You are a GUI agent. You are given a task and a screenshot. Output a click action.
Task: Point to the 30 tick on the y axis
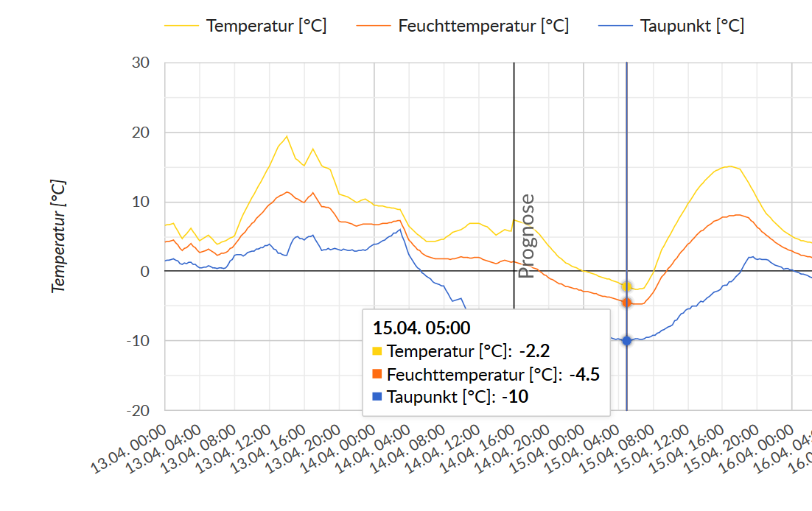[x=141, y=63]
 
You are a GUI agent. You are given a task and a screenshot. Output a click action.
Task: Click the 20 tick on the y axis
[x=141, y=133]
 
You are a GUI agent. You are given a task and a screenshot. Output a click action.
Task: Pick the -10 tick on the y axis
[x=139, y=341]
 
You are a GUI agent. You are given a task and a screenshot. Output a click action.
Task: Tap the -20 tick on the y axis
[x=139, y=410]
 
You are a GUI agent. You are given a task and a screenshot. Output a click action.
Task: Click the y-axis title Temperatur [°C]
[x=59, y=236]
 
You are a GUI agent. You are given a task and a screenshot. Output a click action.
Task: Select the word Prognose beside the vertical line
[x=526, y=236]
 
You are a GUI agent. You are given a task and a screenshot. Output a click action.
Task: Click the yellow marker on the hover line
[x=627, y=286]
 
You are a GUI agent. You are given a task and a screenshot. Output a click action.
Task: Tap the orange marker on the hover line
[x=627, y=303]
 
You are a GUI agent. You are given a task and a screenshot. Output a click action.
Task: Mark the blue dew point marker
[x=627, y=341]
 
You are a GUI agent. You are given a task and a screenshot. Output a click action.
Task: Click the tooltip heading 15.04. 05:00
[x=421, y=328]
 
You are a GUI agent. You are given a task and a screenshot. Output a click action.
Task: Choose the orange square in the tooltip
[x=377, y=375]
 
